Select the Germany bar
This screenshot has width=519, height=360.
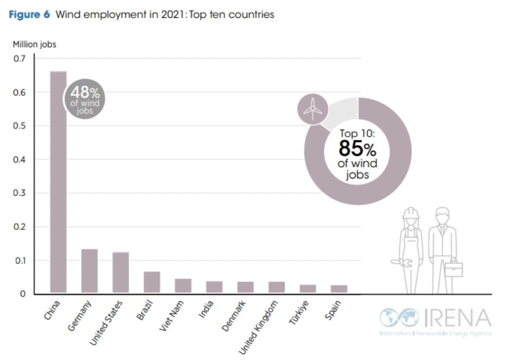point(89,271)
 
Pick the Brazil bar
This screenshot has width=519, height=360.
point(152,282)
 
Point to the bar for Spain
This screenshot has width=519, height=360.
point(339,289)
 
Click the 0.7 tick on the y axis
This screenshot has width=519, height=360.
point(20,59)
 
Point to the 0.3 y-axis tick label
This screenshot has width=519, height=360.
point(20,193)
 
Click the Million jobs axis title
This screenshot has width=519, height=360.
point(34,44)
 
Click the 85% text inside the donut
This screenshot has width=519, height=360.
point(357,149)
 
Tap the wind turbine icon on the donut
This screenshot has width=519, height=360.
point(313,109)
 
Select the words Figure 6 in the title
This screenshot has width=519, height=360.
point(30,15)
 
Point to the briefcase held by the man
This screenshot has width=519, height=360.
point(454,269)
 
